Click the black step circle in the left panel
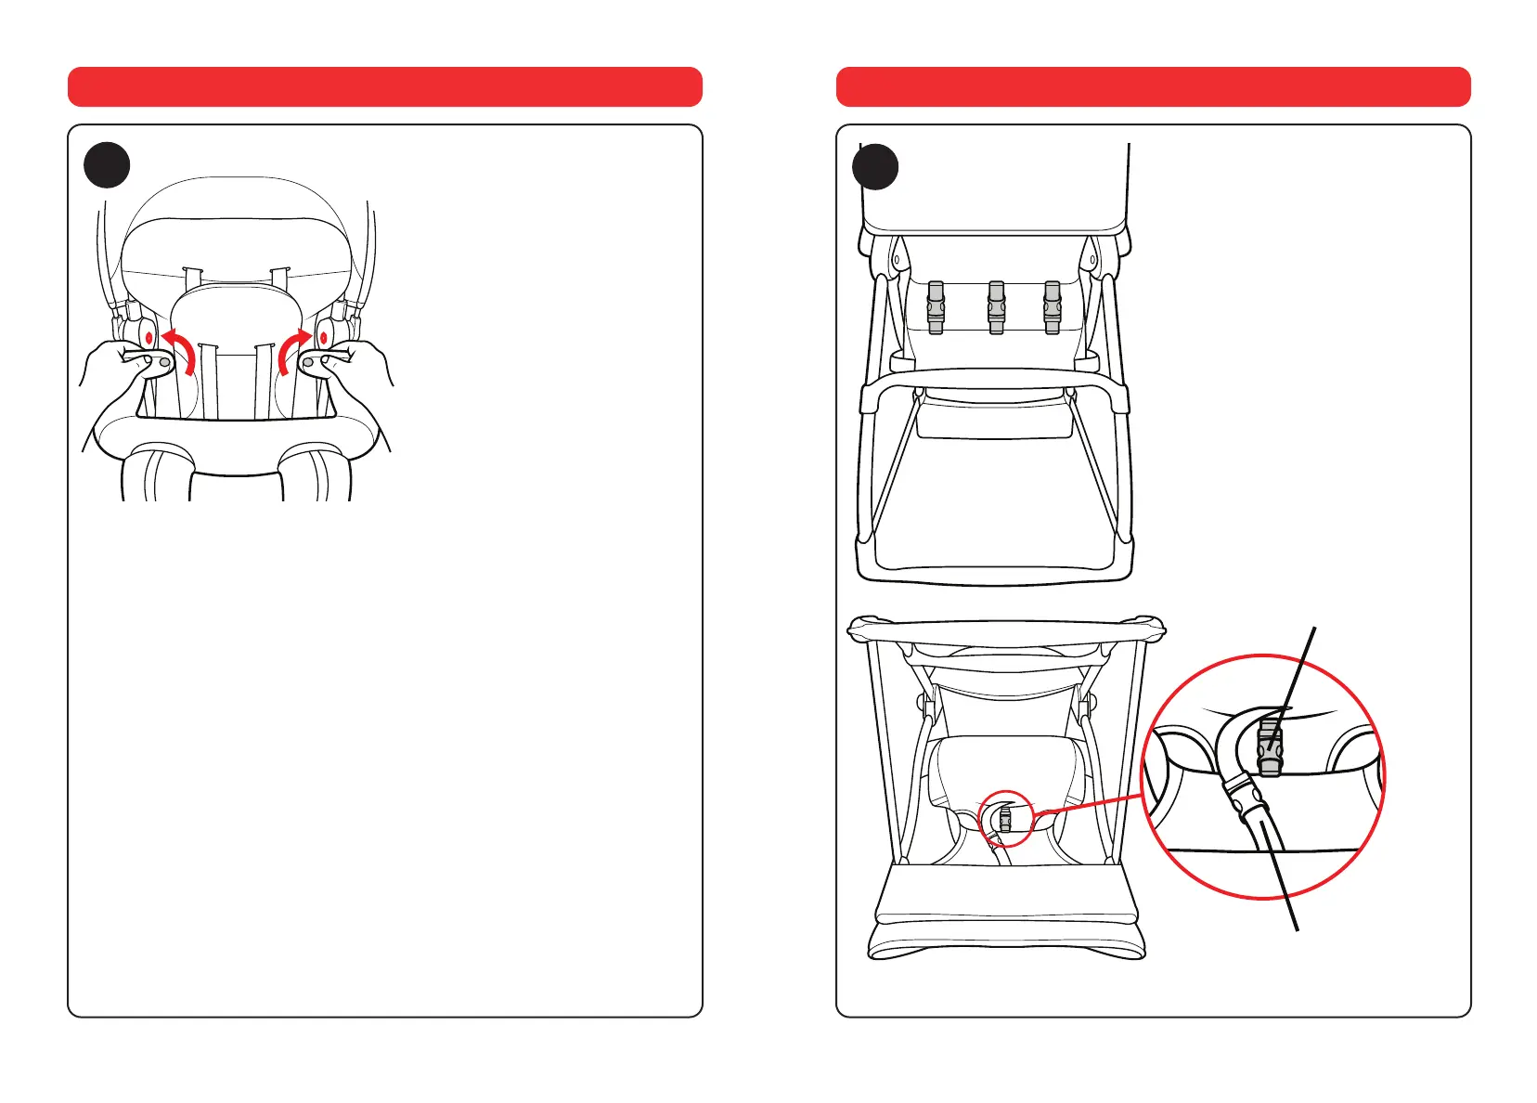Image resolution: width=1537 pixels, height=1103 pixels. point(107,165)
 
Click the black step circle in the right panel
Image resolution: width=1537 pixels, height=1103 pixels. point(875,166)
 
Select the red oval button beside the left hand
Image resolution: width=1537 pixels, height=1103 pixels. point(149,337)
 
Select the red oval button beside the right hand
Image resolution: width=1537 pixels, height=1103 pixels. point(323,337)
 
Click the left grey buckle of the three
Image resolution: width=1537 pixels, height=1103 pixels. point(936,307)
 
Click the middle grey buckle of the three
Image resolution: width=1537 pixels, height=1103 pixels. point(996,307)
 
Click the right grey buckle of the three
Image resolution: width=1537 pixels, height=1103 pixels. point(1052,307)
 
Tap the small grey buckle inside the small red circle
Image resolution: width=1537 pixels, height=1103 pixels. point(1004,819)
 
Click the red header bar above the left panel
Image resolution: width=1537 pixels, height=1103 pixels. point(384,86)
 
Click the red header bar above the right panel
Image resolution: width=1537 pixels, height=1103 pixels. point(1153,86)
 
